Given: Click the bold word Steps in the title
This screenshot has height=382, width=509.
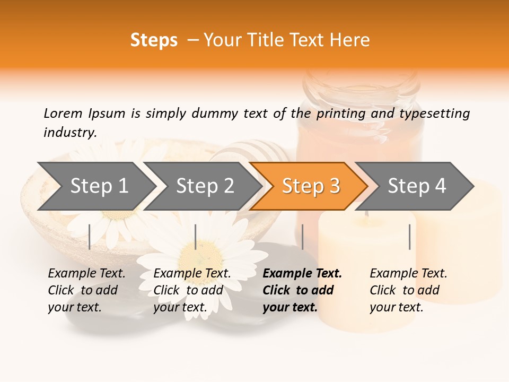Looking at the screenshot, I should pyautogui.click(x=154, y=40).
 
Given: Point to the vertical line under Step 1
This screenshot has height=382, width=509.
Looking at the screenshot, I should pyautogui.click(x=90, y=237).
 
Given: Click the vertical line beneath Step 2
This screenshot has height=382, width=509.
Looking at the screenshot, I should pyautogui.click(x=196, y=237).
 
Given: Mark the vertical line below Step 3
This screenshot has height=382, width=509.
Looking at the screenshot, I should pyautogui.click(x=302, y=237).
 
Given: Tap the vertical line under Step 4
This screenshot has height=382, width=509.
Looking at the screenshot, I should pyautogui.click(x=409, y=237).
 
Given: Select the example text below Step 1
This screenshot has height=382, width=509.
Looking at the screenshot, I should pyautogui.click(x=86, y=290).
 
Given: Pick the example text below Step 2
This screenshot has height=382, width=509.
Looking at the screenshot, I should pyautogui.click(x=191, y=290).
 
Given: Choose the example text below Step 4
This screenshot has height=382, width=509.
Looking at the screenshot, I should pyautogui.click(x=408, y=290).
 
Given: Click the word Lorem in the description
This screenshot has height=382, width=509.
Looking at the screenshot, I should pyautogui.click(x=63, y=113).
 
